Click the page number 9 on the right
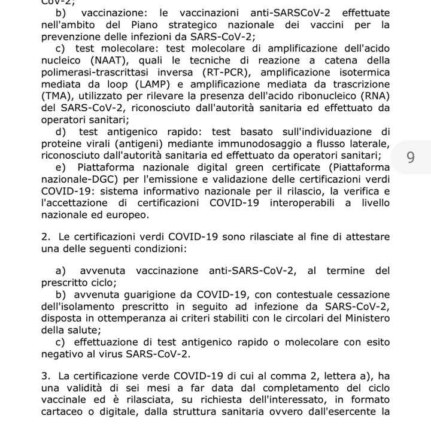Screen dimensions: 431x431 (x=410, y=157)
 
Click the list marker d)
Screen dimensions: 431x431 (x=61, y=132)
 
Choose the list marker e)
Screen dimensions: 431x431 (x=61, y=168)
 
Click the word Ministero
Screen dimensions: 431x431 (x=360, y=318)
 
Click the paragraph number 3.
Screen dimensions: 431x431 (x=45, y=377)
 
